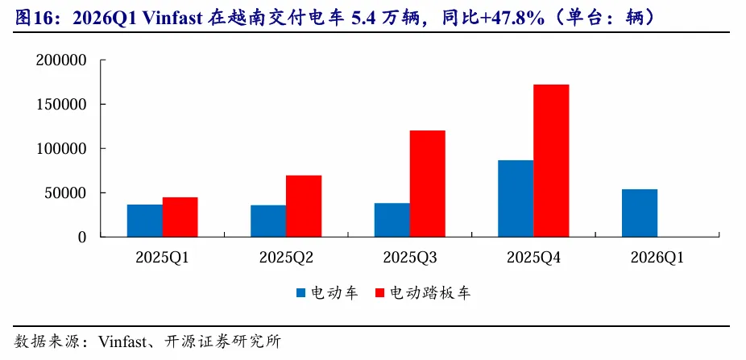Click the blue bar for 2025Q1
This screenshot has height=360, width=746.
[145, 221]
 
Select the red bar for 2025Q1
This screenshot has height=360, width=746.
[180, 217]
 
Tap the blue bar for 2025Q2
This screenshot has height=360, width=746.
[268, 221]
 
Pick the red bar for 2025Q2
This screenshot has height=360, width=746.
[304, 206]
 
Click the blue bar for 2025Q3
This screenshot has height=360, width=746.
[392, 220]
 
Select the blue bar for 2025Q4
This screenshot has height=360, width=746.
[516, 199]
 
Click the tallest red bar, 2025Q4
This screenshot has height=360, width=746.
[551, 161]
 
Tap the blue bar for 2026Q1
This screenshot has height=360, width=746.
[640, 213]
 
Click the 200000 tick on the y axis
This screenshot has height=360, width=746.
[60, 60]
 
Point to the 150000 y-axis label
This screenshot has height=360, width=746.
[60, 105]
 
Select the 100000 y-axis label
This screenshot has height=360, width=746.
[60, 149]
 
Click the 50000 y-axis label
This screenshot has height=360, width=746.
[64, 193]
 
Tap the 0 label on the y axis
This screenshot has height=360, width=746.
[81, 238]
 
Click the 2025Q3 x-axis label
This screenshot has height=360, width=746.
[409, 258]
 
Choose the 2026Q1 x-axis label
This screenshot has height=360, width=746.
[657, 258]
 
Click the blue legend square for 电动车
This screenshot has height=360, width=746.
[300, 293]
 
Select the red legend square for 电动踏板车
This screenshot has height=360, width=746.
[379, 293]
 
